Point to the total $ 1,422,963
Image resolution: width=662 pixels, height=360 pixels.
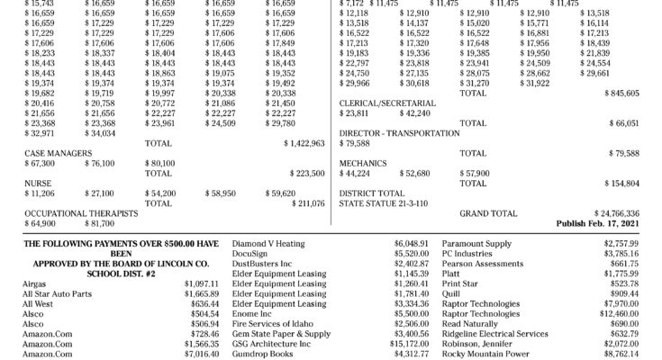pyautogui.click(x=304, y=143)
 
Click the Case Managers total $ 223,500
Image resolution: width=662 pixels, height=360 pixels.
pyautogui.click(x=306, y=173)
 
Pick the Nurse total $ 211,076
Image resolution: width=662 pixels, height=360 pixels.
pyautogui.click(x=306, y=203)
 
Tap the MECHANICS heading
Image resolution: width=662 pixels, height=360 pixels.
pyautogui.click(x=362, y=163)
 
